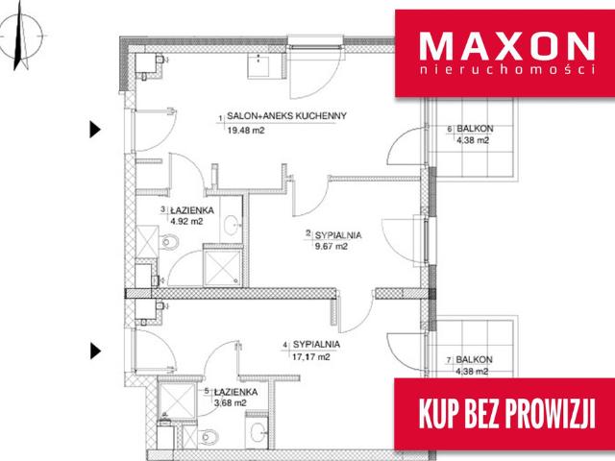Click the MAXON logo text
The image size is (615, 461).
[x=507, y=46]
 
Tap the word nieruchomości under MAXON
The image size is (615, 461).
[x=507, y=69]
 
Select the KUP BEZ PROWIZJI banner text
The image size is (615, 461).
[x=507, y=414]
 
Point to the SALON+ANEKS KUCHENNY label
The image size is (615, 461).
[x=286, y=116]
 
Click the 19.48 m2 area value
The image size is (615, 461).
[x=246, y=131]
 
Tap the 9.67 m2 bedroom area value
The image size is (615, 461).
[x=332, y=247]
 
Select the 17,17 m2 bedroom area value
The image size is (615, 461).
[x=311, y=356]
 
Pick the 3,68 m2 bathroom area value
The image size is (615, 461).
[x=231, y=402]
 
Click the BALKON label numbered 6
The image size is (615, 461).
[x=475, y=129]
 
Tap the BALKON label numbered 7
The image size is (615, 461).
[x=474, y=359]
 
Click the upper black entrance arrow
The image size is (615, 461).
[x=95, y=130]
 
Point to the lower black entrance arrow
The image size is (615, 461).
[x=95, y=351]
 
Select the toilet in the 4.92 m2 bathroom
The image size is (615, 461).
[x=169, y=242]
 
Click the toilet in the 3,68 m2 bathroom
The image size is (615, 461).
[x=208, y=436]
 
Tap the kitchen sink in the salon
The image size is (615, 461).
[x=258, y=64]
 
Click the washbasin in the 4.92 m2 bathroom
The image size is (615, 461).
[x=232, y=225]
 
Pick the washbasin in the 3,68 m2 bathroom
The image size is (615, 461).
[x=257, y=432]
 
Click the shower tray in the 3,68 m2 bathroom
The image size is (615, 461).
[x=177, y=400]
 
